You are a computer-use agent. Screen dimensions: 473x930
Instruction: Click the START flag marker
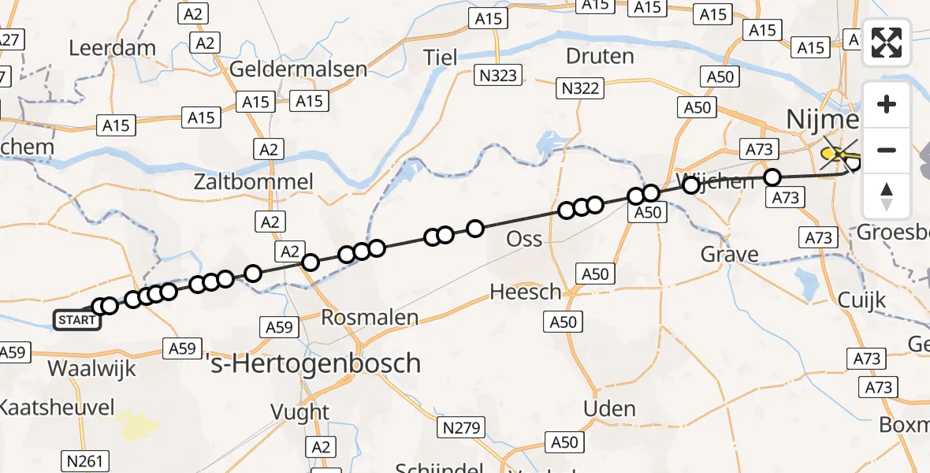point(76,319)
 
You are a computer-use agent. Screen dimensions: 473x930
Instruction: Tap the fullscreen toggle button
point(887,43)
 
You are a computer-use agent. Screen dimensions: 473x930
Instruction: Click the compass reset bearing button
point(887,196)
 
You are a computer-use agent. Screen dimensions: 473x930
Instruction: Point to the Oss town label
point(524,238)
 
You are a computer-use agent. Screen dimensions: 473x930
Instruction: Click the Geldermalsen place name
point(299,69)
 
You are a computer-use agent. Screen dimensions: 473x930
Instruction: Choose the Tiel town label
point(440,57)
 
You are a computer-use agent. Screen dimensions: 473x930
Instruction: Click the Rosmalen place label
point(370,318)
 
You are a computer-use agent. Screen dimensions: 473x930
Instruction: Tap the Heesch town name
point(526,292)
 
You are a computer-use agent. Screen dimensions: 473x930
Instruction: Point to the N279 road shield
point(461,428)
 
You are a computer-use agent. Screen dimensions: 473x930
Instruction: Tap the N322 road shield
point(579,88)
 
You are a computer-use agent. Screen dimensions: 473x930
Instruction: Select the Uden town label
point(609,409)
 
